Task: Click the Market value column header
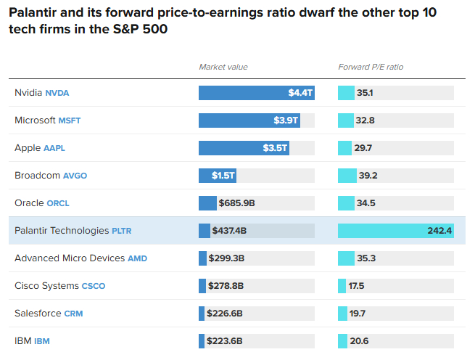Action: tap(223, 67)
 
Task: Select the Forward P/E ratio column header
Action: tap(371, 67)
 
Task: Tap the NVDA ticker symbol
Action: tap(57, 93)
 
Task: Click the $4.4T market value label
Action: tap(300, 93)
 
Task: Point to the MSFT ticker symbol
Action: tap(70, 120)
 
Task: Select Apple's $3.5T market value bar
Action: tap(244, 148)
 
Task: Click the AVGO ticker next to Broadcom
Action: tap(75, 176)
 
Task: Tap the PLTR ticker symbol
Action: tap(121, 231)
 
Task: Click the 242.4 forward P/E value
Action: tap(439, 231)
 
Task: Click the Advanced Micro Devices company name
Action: tap(70, 258)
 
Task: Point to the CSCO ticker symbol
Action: tap(94, 286)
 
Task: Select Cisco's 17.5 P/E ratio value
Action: tap(356, 286)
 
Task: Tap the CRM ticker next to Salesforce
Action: tap(74, 314)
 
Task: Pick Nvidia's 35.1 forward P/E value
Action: tap(365, 93)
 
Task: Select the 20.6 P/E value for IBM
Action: tap(359, 341)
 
